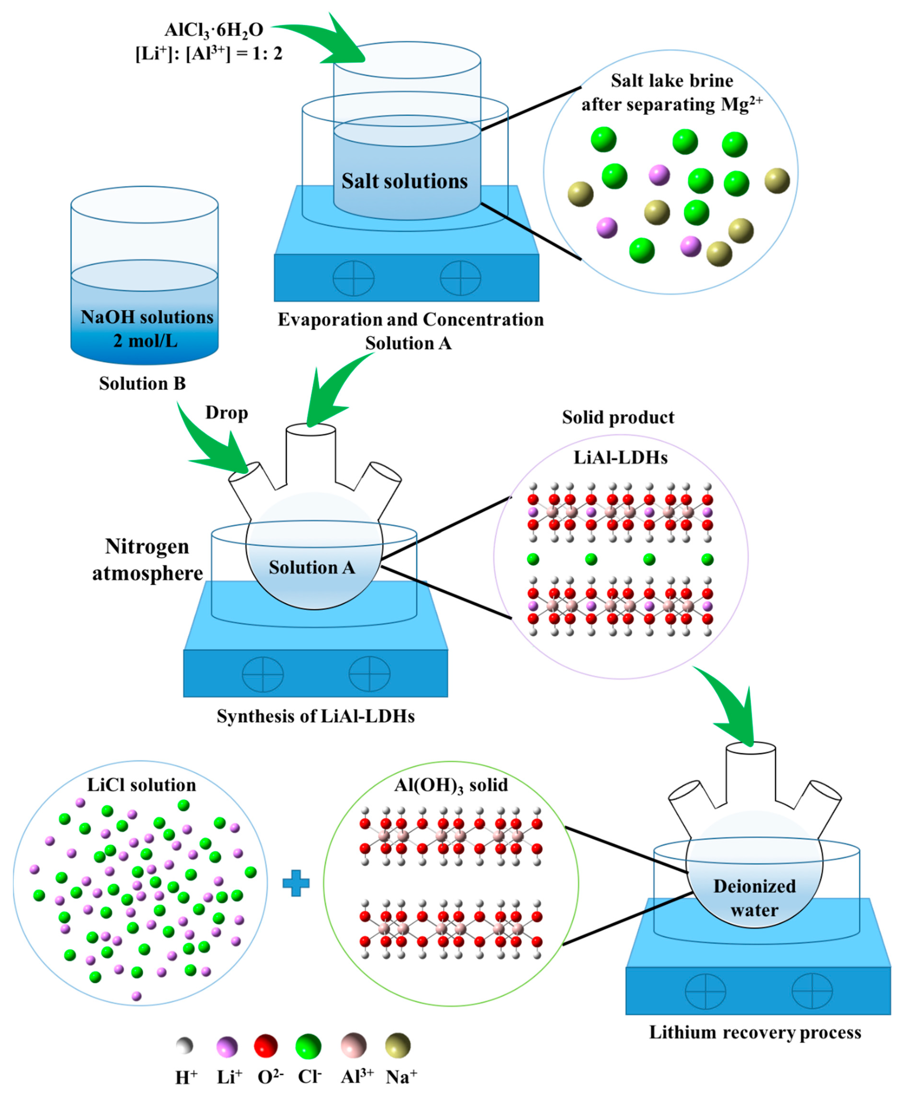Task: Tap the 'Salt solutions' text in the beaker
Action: [404, 181]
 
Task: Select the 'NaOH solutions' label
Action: [147, 317]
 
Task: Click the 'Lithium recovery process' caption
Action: [755, 1032]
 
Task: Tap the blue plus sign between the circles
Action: [296, 883]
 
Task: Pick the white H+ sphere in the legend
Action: [184, 1046]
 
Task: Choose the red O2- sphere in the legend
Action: [265, 1046]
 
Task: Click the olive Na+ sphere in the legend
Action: [398, 1046]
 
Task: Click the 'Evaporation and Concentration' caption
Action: [411, 319]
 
